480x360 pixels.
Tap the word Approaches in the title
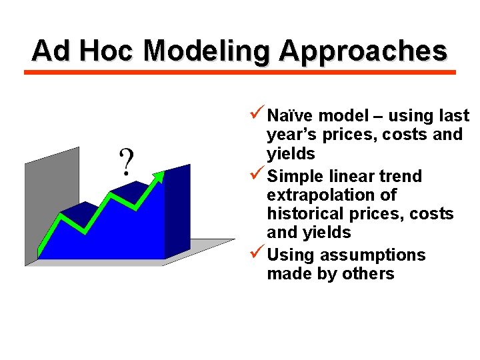(x=363, y=50)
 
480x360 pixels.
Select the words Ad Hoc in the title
(x=83, y=50)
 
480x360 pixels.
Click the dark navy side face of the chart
(x=177, y=213)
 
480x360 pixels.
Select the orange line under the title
(x=240, y=72)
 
